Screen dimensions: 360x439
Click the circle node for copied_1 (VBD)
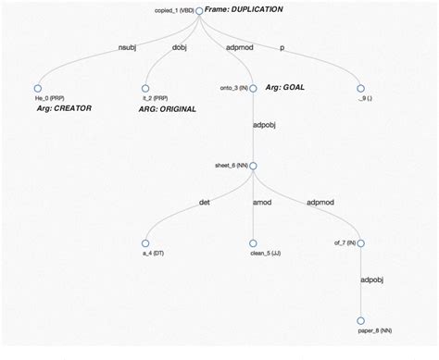click(198, 9)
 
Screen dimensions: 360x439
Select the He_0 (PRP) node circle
click(38, 88)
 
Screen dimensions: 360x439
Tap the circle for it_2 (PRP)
click(145, 88)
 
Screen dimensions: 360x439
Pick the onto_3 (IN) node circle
click(253, 88)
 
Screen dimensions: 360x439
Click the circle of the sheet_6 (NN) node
click(253, 166)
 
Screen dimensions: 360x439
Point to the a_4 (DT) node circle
click(145, 243)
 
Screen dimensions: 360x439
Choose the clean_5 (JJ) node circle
click(253, 243)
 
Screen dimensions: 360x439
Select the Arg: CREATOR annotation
click(57, 108)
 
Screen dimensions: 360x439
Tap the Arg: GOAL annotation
click(284, 88)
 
